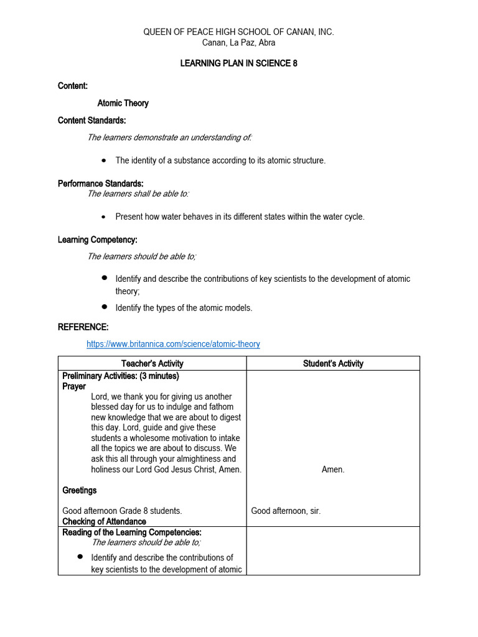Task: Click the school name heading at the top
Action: pyautogui.click(x=239, y=32)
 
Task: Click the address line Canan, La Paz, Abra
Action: pyautogui.click(x=239, y=43)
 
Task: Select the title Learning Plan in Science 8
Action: pyautogui.click(x=239, y=63)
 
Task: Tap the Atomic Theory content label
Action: pyautogui.click(x=123, y=103)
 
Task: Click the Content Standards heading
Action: pyautogui.click(x=91, y=121)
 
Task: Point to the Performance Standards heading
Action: pyautogui.click(x=101, y=184)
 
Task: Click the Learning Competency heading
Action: pyautogui.click(x=98, y=239)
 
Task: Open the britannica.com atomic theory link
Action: pyautogui.click(x=173, y=344)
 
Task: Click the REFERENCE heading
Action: pyautogui.click(x=83, y=327)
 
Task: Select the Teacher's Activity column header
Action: pyautogui.click(x=152, y=363)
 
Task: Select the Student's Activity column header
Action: pyautogui.click(x=333, y=363)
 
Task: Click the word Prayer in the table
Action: pyautogui.click(x=74, y=386)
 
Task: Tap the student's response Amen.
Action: pyautogui.click(x=333, y=470)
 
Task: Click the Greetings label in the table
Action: pyautogui.click(x=80, y=490)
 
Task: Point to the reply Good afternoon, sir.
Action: pyautogui.click(x=286, y=511)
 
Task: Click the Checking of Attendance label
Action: pyautogui.click(x=104, y=521)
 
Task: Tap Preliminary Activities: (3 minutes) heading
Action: pyautogui.click(x=121, y=376)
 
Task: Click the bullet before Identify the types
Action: pyautogui.click(x=104, y=307)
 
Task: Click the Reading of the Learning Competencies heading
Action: pyautogui.click(x=132, y=532)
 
